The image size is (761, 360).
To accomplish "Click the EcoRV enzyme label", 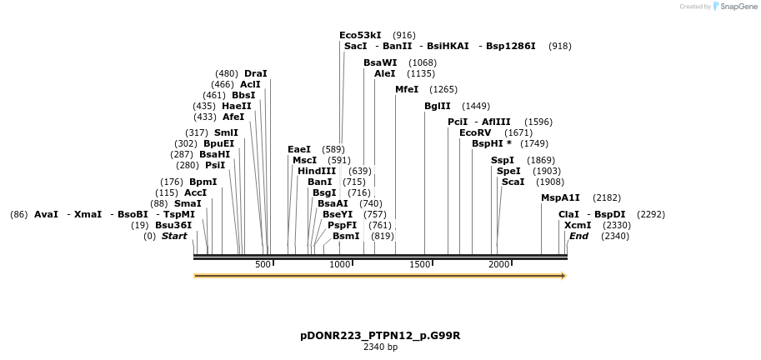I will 475,132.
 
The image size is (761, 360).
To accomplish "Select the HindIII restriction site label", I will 317,171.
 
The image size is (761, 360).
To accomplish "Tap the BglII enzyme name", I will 438,106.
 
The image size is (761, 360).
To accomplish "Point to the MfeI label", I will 407,89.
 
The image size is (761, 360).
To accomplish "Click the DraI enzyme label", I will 256,73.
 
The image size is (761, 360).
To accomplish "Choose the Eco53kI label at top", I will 360,35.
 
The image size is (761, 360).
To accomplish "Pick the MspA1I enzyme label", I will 560,197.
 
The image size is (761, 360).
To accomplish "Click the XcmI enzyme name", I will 578,225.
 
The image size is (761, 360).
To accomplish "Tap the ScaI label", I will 513,182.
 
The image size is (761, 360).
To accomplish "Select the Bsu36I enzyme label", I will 173,225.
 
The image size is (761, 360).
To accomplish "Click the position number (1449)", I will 476,106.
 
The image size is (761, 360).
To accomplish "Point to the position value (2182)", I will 607,197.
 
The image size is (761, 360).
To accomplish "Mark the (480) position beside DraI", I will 227,73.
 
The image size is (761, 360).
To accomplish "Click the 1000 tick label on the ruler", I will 340,264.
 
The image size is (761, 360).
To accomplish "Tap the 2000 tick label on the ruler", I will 498,264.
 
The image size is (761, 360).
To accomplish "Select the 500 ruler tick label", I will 263,264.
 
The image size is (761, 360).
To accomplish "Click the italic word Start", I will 174,236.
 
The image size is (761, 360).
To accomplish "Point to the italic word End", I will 578,236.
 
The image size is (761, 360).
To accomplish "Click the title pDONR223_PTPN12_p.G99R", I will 380,336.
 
